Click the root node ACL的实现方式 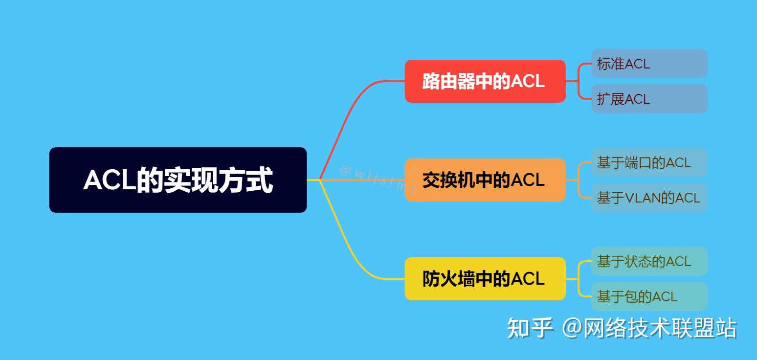click(178, 180)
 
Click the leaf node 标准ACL click(649, 64)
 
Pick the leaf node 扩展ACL click(649, 99)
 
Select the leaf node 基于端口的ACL click(649, 162)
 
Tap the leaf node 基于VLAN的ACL click(649, 198)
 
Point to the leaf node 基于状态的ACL click(649, 261)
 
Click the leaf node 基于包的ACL click(649, 296)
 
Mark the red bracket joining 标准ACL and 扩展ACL click(579, 81)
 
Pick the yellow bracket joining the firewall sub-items click(579, 279)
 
